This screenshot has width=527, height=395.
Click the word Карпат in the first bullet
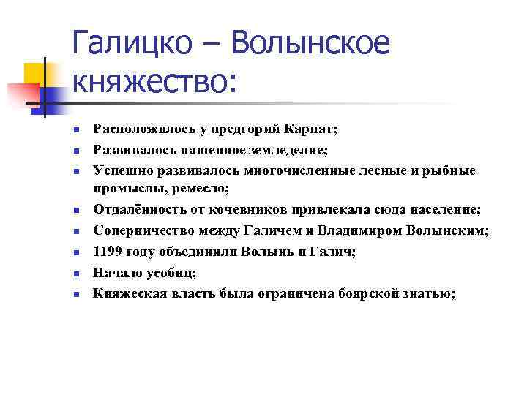click(x=312, y=129)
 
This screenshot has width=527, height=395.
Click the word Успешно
click(x=117, y=170)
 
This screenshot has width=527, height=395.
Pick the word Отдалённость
click(x=132, y=211)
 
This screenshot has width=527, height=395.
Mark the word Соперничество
click(x=137, y=231)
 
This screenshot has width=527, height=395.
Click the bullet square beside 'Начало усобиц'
click(x=75, y=274)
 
